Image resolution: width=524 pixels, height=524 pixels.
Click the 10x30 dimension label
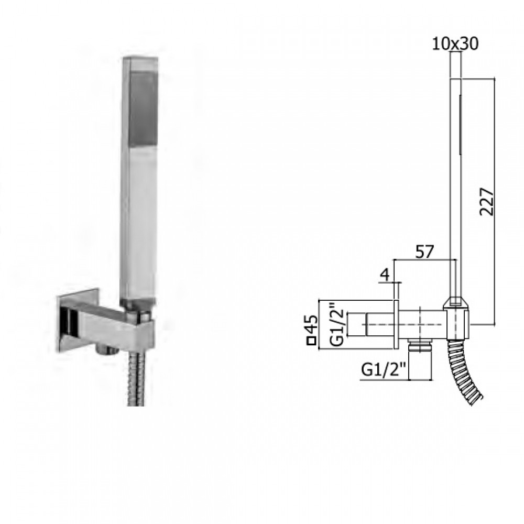455,44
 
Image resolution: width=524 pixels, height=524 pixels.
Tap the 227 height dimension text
487,202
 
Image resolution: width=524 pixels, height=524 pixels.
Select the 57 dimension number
424,252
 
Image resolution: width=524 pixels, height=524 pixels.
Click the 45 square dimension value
312,324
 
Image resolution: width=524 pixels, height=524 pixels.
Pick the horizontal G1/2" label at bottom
384,369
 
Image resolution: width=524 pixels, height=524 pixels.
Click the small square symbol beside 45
312,341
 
